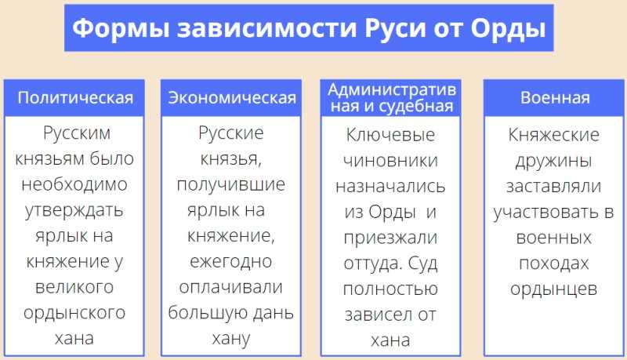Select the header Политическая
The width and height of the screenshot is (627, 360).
click(x=75, y=98)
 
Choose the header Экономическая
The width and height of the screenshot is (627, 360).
click(x=232, y=98)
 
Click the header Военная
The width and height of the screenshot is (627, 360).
click(x=555, y=98)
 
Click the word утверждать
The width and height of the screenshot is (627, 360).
click(x=74, y=210)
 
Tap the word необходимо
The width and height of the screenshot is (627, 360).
click(x=74, y=184)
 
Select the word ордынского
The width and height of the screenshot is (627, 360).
click(x=74, y=314)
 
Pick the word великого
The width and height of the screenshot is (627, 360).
click(x=74, y=287)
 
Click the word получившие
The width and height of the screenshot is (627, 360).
click(x=230, y=185)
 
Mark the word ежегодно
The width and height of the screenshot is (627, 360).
click(x=230, y=262)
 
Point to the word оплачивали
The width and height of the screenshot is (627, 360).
click(x=230, y=287)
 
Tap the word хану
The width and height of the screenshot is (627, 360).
click(x=230, y=339)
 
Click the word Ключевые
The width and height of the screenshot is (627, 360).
click(x=390, y=135)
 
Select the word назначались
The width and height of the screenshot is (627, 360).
click(x=390, y=187)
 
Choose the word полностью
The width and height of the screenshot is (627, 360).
click(x=390, y=289)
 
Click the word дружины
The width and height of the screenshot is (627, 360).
click(x=553, y=162)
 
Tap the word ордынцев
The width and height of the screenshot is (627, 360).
click(x=553, y=289)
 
